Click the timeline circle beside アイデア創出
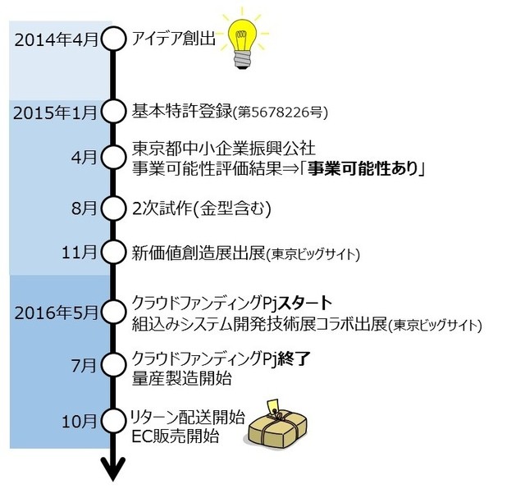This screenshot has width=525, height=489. (x=113, y=38)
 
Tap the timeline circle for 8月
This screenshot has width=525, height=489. (x=113, y=208)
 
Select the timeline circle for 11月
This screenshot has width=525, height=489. (x=113, y=251)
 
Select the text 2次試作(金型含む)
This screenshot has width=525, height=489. (x=201, y=208)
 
